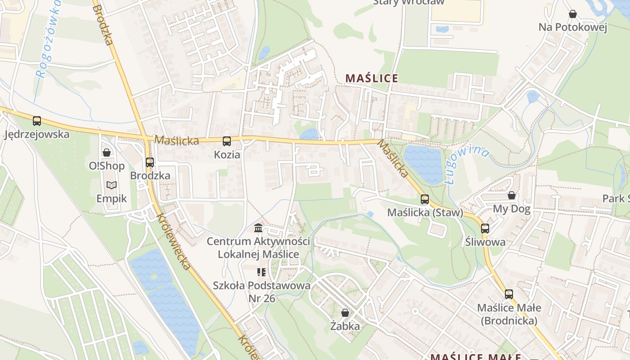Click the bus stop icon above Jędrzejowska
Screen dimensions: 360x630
(37, 121)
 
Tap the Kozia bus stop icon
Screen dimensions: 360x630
(227, 141)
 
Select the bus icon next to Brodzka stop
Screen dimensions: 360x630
(150, 162)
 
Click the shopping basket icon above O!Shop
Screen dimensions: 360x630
(107, 153)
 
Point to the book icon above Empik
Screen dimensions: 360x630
(112, 185)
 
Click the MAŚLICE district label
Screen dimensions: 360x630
(372, 78)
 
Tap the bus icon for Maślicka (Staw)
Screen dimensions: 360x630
(425, 199)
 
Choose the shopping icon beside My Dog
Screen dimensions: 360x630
(512, 195)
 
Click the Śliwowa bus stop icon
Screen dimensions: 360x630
(485, 229)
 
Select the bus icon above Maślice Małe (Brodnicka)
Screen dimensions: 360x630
(509, 294)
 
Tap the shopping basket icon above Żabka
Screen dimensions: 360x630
(345, 313)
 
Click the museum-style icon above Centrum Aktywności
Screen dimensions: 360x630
(258, 228)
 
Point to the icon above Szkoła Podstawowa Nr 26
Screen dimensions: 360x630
(261, 272)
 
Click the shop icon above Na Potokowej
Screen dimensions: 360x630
(573, 14)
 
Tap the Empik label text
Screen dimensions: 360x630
(112, 198)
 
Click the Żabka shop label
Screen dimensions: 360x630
(345, 326)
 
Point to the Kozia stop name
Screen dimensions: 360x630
(227, 155)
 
